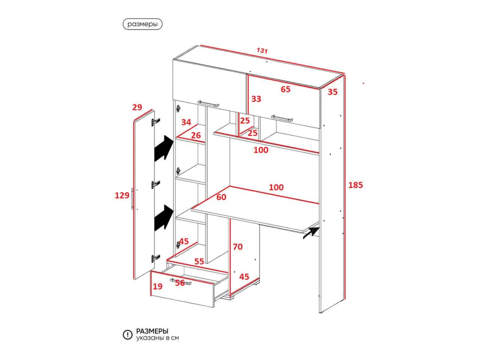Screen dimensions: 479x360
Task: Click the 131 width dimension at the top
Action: pos(262,51)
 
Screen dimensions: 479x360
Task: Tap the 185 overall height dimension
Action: pos(355,185)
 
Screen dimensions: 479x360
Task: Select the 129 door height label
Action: pos(122,195)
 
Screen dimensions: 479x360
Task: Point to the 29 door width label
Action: pos(137,107)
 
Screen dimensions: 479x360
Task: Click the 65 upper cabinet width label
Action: pos(286,89)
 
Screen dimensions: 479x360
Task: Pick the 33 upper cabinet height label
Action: pos(256,99)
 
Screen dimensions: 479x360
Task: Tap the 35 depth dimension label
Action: pos(332,92)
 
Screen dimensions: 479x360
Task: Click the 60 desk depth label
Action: pos(221,197)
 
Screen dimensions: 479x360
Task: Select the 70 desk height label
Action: pos(237,247)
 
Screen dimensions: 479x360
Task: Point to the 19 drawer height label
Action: pos(157,286)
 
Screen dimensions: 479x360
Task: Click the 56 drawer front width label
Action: pos(180,283)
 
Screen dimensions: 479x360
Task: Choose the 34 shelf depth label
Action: pos(186,122)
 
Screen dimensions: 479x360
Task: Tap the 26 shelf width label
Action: pos(196,135)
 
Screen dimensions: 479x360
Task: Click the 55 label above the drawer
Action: pos(199,261)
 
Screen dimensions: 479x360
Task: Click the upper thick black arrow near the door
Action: pos(164,149)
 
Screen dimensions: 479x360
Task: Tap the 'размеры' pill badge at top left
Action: pos(143,24)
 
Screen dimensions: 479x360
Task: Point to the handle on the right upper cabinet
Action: pos(282,118)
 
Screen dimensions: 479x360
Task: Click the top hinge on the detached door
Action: pos(156,122)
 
